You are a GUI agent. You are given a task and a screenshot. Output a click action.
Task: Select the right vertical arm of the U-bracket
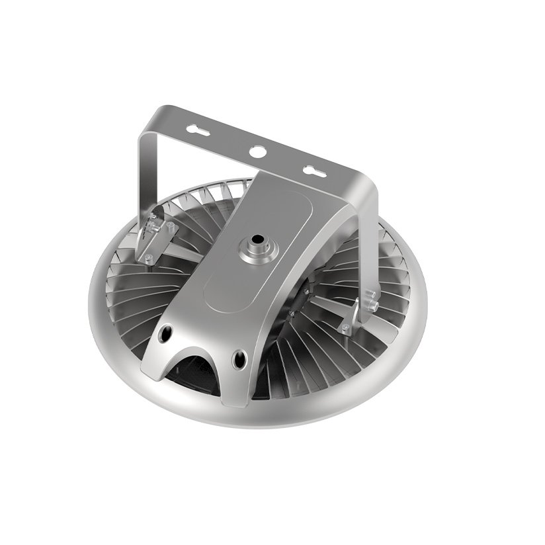(368, 238)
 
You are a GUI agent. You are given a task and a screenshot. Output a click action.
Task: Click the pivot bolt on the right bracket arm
(371, 306)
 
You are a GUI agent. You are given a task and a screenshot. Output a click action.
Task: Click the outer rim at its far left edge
(93, 291)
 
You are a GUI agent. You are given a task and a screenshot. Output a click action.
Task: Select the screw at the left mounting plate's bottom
(147, 257)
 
